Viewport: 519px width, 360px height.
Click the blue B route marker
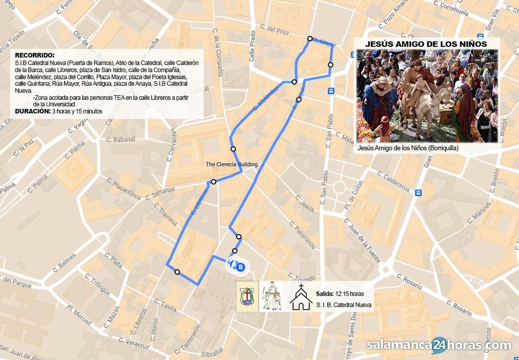(241, 267)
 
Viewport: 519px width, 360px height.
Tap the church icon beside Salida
(301, 297)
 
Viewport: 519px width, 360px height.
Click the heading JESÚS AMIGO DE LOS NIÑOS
(426, 44)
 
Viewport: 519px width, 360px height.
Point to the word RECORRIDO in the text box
(35, 55)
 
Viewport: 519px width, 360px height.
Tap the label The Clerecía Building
(232, 164)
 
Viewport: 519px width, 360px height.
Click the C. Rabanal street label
(121, 139)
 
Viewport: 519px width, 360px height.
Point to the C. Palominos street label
(302, 235)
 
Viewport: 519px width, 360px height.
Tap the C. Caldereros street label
(393, 181)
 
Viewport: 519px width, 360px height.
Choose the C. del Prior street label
(274, 30)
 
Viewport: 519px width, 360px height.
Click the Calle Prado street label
(252, 46)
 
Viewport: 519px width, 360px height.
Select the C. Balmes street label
(64, 262)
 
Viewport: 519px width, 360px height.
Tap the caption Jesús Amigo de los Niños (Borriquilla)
(408, 148)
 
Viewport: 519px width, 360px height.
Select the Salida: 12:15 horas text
(340, 294)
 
